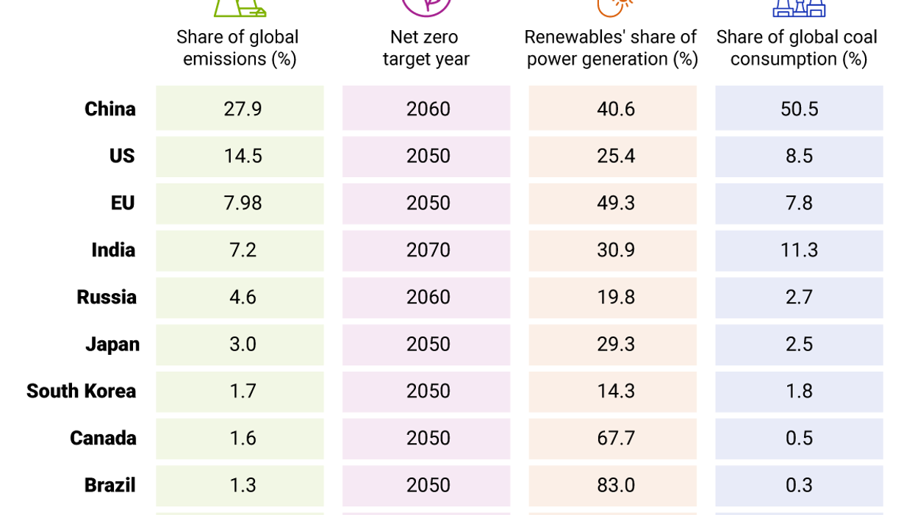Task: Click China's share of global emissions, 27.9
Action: (242, 109)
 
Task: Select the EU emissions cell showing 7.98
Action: (242, 204)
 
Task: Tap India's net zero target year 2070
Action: (428, 251)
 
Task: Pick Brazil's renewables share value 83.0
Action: (615, 486)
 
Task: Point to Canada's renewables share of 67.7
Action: (615, 439)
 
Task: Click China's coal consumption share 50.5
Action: (799, 109)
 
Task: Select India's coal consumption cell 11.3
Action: (799, 251)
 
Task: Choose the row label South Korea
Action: (81, 392)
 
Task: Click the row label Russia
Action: (107, 298)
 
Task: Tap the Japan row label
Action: (112, 345)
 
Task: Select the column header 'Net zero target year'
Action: (426, 48)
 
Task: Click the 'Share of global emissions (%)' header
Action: (238, 48)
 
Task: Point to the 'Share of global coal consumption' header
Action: (797, 48)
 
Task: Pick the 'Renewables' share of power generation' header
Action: (611, 48)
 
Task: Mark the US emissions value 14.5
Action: (242, 156)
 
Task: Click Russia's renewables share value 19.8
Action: (615, 298)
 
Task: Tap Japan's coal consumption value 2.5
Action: (799, 345)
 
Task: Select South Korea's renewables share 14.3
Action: (615, 392)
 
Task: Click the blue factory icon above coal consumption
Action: (799, 7)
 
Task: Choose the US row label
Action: (122, 156)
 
